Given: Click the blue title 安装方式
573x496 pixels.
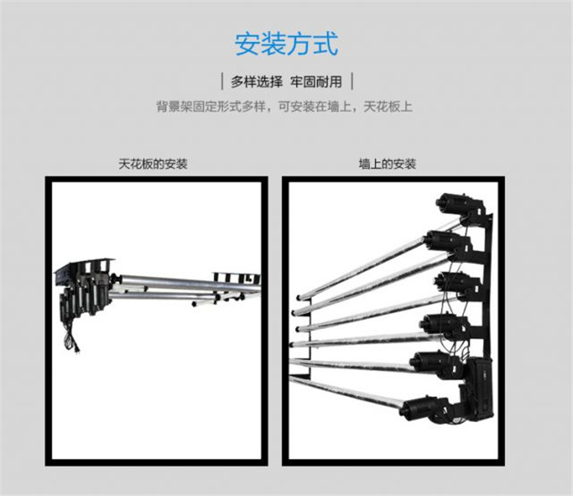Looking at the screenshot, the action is [x=286, y=44].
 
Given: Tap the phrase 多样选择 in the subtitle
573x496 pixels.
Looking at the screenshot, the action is [x=257, y=82].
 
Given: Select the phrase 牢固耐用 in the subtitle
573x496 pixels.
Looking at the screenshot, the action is [x=316, y=82].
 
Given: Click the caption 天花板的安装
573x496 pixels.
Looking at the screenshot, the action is [x=153, y=164].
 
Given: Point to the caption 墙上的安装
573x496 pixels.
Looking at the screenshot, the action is [x=387, y=164].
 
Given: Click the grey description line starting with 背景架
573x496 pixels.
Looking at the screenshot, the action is [x=284, y=107].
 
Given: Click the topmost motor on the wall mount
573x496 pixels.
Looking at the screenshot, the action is [x=457, y=203].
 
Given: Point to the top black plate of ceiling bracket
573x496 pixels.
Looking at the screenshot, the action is [x=85, y=266].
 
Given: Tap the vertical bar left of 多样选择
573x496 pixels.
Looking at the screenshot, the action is [x=222, y=82].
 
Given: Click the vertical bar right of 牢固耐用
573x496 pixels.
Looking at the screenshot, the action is [x=352, y=82].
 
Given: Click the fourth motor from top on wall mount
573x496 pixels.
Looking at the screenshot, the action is [x=443, y=323].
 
